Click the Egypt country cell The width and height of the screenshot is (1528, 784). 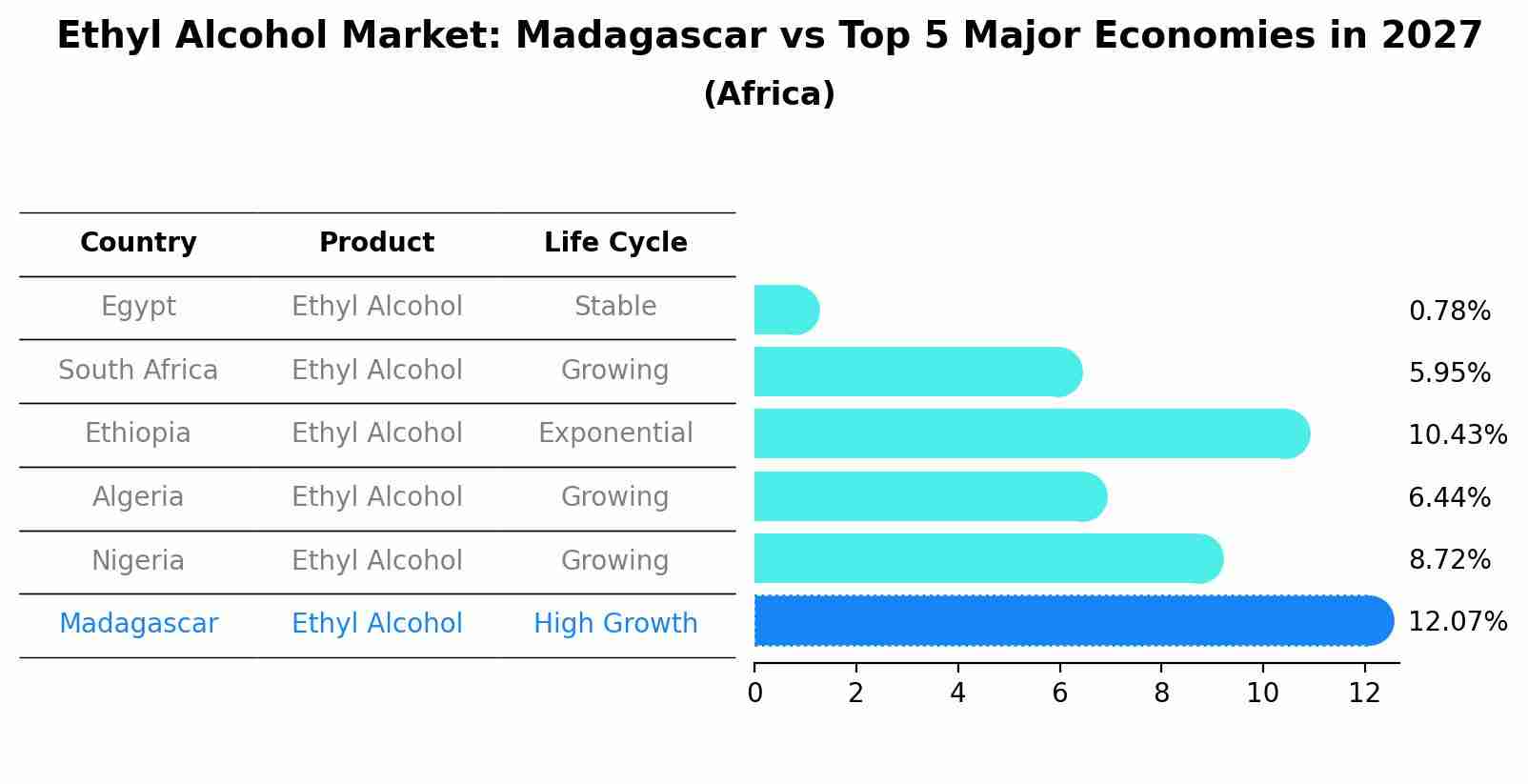pos(138,307)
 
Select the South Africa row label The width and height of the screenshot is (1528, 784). pos(138,370)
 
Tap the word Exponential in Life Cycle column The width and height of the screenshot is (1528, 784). pos(615,433)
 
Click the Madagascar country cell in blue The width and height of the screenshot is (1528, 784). pos(138,624)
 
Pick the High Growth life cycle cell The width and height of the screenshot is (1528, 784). pos(615,624)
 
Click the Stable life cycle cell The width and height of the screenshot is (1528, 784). pos(615,307)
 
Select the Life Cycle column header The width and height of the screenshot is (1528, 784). pos(615,243)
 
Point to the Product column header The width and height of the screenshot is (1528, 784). pos(376,243)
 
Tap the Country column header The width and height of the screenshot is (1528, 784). pos(138,243)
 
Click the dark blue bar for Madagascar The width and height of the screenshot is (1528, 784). pos(1067,621)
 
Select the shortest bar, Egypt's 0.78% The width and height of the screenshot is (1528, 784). pos(785,311)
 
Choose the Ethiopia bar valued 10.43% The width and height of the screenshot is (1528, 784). pos(1029,434)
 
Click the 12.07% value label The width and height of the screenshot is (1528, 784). pos(1458,622)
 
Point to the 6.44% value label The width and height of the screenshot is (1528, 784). pos(1449,497)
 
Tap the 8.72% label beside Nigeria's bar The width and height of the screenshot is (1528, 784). pos(1449,560)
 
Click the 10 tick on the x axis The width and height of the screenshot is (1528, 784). pos(1263,694)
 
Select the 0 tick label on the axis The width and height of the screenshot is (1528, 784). pos(754,694)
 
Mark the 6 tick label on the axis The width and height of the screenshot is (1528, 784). pos(1059,694)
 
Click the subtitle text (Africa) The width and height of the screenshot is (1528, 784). pos(769,94)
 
